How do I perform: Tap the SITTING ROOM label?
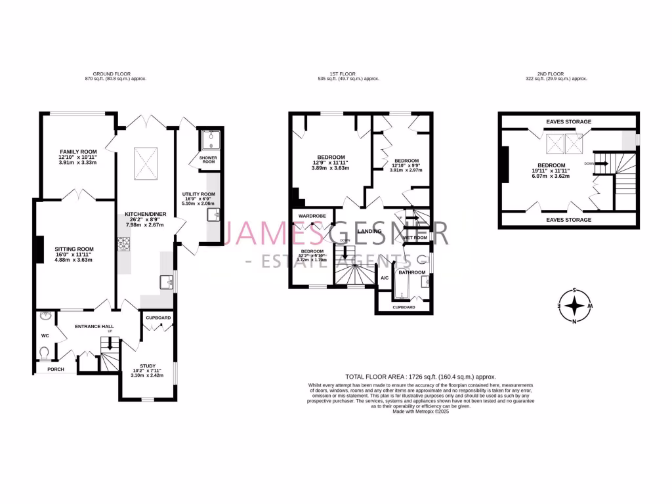[74, 249]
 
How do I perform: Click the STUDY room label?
[149, 366]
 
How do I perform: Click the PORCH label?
[56, 369]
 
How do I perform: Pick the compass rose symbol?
[575, 306]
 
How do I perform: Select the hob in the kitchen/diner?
[124, 244]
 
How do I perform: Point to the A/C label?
[385, 278]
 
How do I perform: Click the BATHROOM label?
[412, 272]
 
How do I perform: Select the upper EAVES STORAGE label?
[568, 121]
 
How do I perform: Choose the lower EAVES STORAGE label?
[568, 220]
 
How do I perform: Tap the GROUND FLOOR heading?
[115, 74]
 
